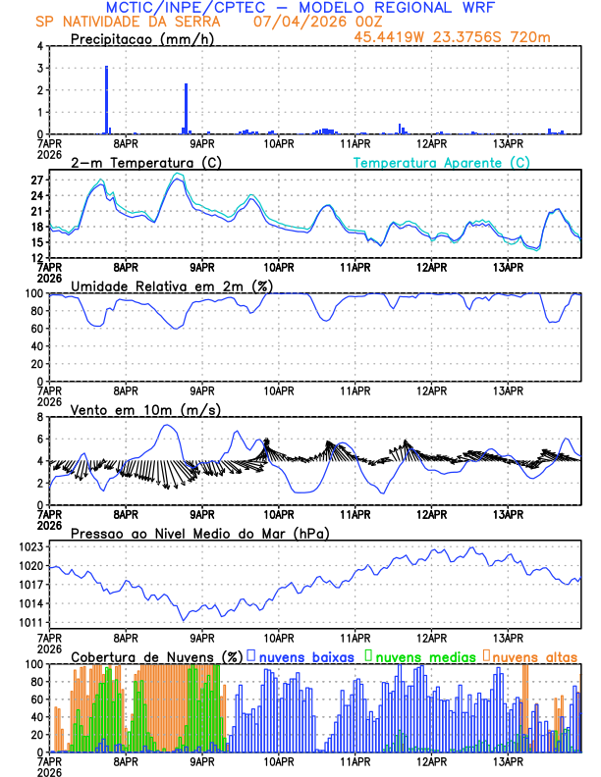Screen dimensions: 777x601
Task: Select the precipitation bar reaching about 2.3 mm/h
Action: [186, 109]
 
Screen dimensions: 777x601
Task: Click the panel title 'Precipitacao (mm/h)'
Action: [143, 39]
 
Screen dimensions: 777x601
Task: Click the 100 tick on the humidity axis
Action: [33, 293]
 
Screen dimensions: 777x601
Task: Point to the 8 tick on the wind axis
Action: [38, 417]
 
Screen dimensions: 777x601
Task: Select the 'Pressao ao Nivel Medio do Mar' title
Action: [199, 533]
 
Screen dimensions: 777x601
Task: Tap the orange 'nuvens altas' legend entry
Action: [530, 655]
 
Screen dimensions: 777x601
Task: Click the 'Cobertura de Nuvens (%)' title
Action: [156, 655]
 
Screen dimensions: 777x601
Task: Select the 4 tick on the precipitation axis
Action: [38, 46]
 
